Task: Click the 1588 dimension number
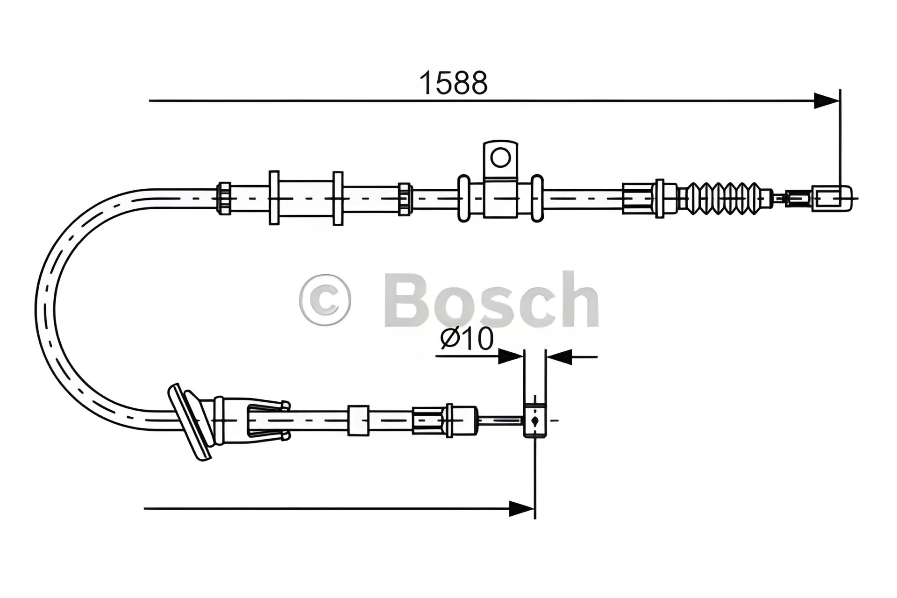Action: [x=453, y=83]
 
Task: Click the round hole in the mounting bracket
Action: [x=501, y=157]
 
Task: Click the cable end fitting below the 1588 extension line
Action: [x=833, y=198]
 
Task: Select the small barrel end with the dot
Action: [x=534, y=420]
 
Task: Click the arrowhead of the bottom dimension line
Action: [x=521, y=509]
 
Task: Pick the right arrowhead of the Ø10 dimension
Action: [x=560, y=357]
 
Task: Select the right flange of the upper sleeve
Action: [x=338, y=198]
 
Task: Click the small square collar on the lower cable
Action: [x=358, y=420]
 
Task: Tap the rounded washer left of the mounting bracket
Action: [x=464, y=198]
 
